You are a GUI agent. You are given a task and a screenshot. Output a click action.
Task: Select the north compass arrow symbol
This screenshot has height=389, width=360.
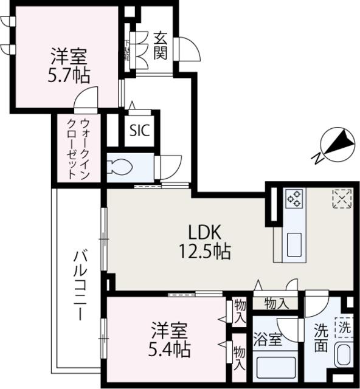pos(333,145)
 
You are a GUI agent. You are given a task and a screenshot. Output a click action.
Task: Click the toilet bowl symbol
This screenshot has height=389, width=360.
pos(121,166)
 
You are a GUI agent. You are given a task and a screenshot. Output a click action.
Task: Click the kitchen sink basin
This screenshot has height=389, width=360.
pos(296,244)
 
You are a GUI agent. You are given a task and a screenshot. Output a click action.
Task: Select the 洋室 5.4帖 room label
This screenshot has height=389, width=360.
pos(170,340)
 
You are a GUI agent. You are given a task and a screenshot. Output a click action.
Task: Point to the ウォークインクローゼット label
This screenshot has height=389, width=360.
pos(78,148)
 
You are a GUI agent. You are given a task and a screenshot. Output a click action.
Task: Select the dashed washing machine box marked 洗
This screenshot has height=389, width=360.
pos(345,327)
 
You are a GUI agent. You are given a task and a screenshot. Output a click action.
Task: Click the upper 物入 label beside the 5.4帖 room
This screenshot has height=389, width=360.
pos(240,311)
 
